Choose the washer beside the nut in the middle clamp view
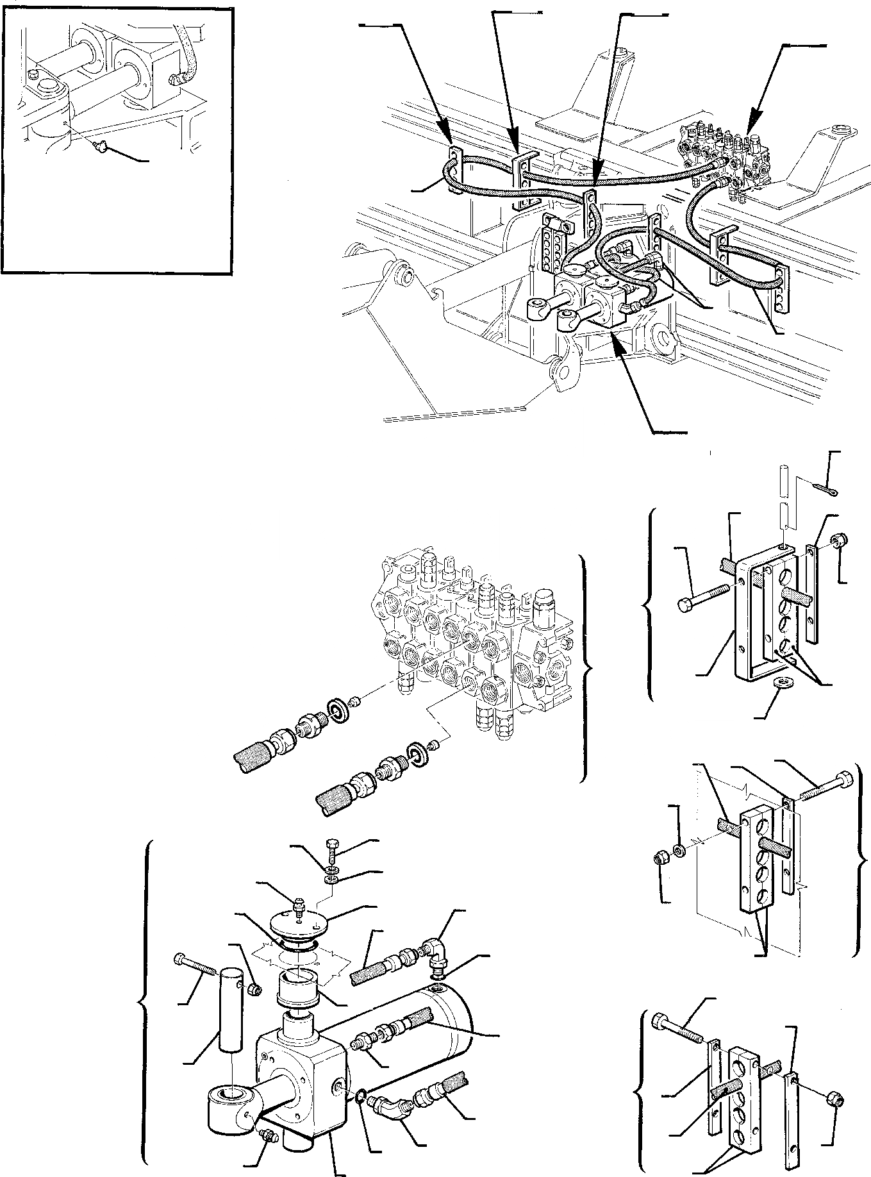[x=680, y=851]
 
